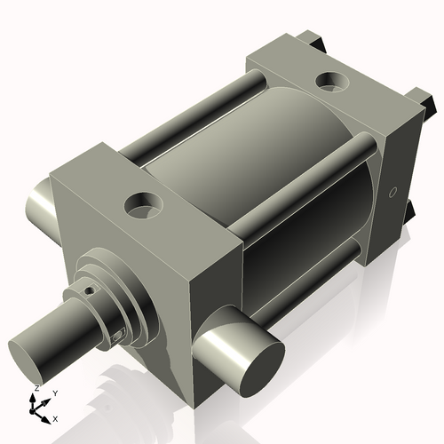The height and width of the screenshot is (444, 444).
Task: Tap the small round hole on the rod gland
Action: [89, 289]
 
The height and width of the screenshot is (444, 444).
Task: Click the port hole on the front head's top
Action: [142, 208]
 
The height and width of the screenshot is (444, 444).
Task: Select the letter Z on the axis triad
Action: [36, 388]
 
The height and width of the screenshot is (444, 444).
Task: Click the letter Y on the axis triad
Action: [55, 392]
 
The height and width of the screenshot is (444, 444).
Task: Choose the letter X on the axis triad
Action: [55, 417]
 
